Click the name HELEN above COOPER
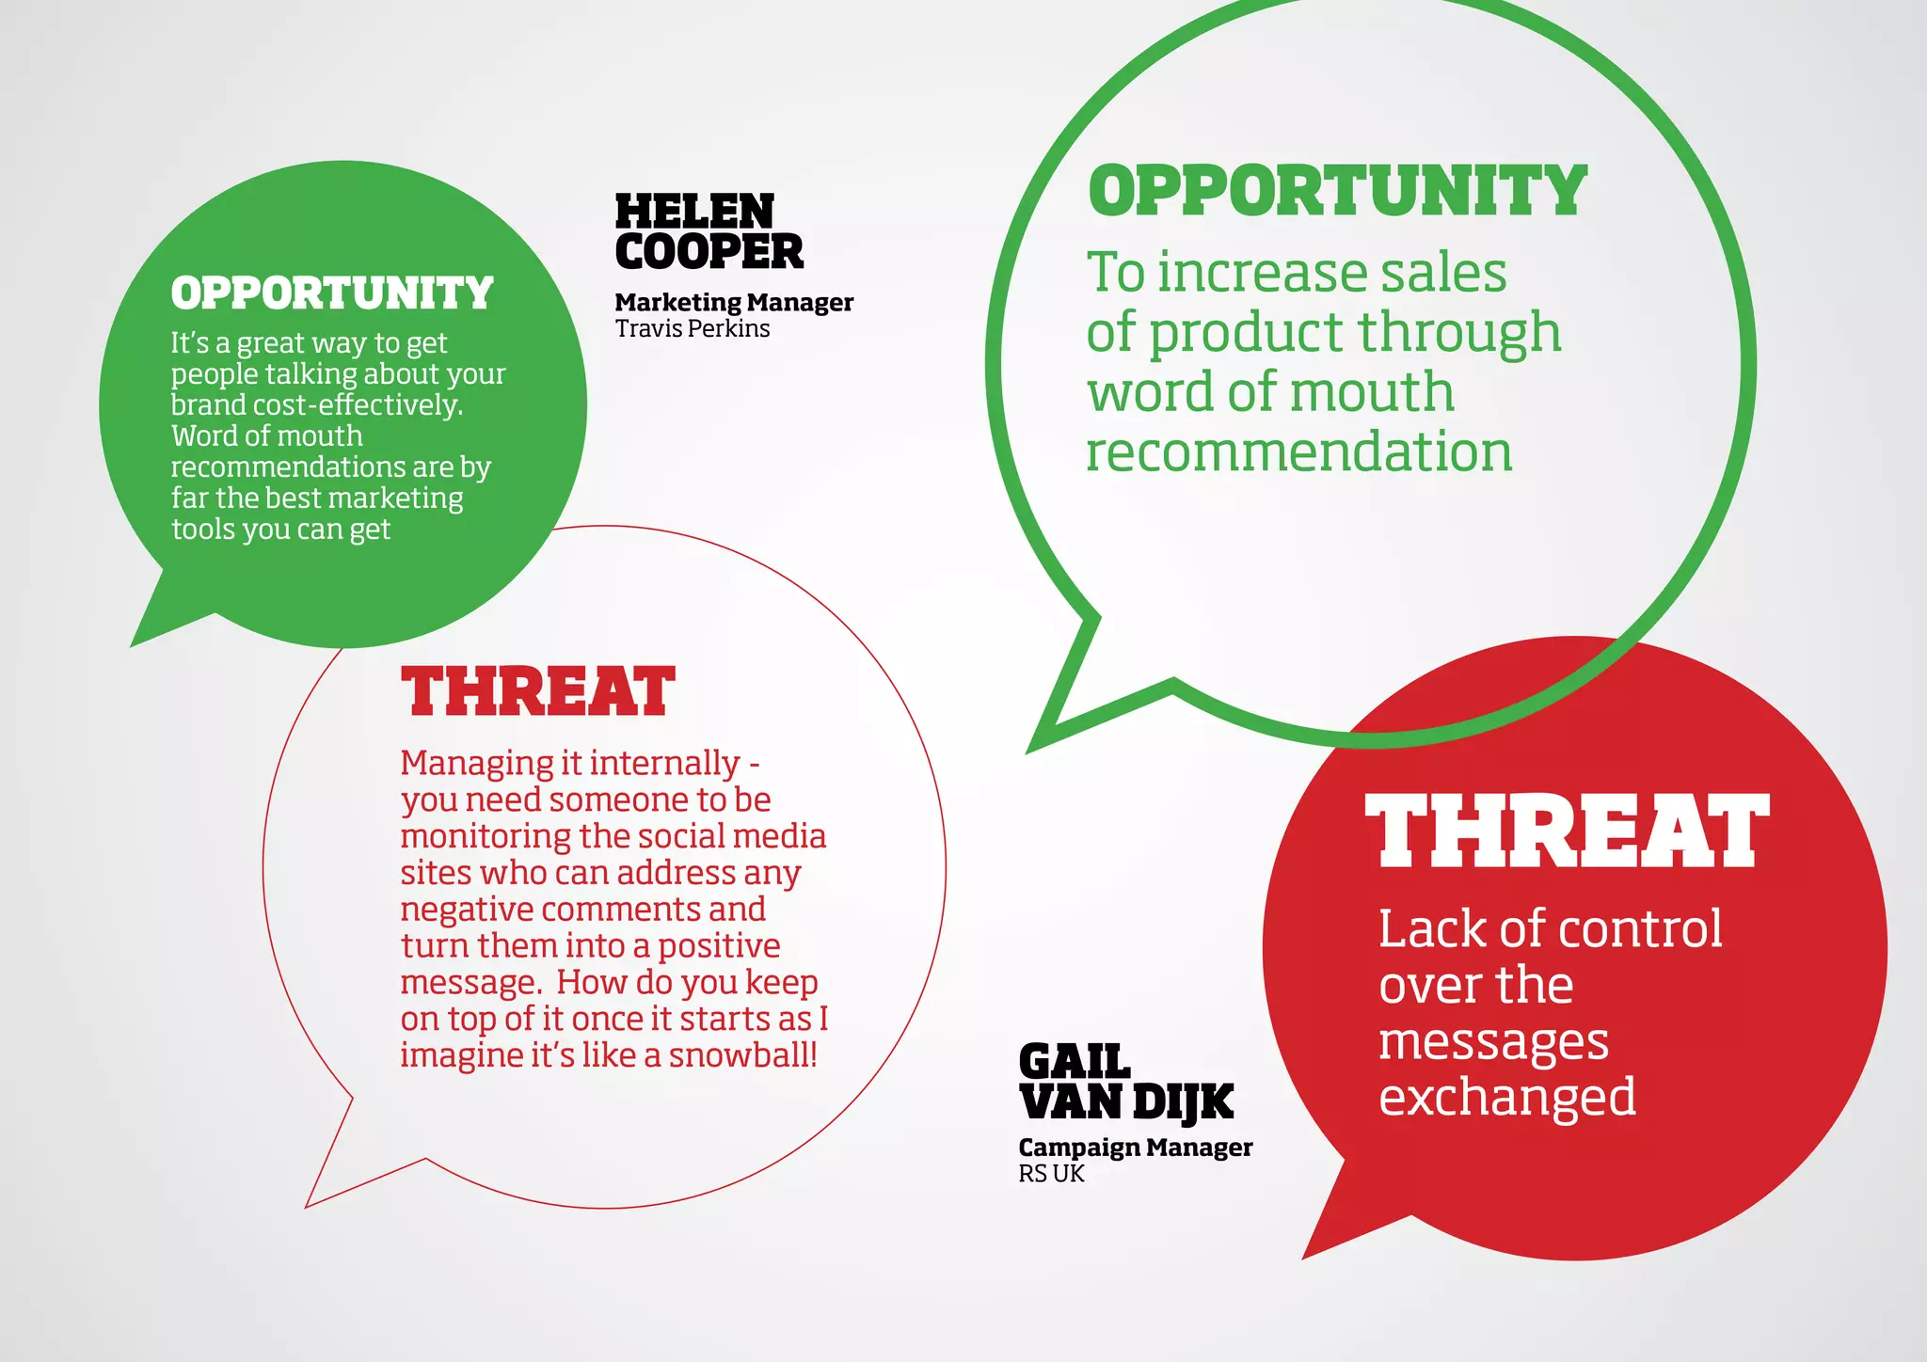pyautogui.click(x=694, y=212)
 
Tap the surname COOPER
pyautogui.click(x=709, y=252)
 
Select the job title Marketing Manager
pyautogui.click(x=734, y=303)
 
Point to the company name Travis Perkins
pyautogui.click(x=693, y=329)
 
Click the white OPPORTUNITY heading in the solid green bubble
pyautogui.click(x=332, y=293)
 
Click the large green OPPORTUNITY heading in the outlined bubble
pyautogui.click(x=1337, y=191)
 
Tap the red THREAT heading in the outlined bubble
pyautogui.click(x=537, y=691)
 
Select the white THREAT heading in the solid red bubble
pyautogui.click(x=1567, y=831)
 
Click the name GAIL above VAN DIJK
pyautogui.click(x=1074, y=1062)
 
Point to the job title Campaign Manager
pyautogui.click(x=1135, y=1148)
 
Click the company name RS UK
pyautogui.click(x=1051, y=1174)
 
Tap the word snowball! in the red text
pyautogui.click(x=742, y=1055)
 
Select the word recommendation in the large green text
pyautogui.click(x=1298, y=452)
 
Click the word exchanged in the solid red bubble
pyautogui.click(x=1507, y=1098)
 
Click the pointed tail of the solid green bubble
pyautogui.click(x=151, y=628)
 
